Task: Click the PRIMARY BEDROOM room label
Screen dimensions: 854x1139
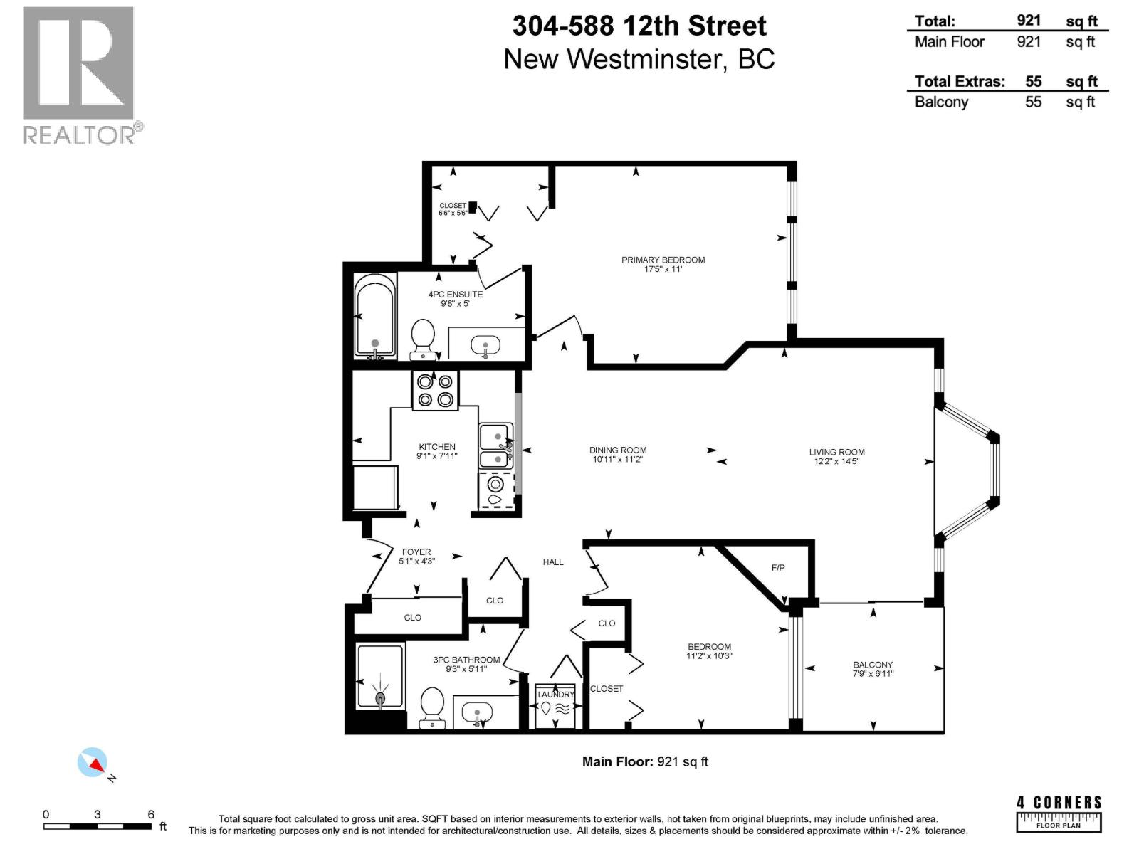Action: coord(663,260)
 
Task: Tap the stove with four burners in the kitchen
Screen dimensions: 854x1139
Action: coord(435,391)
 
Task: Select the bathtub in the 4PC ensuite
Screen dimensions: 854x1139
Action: coord(374,315)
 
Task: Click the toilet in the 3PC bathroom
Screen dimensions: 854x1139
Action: coord(432,707)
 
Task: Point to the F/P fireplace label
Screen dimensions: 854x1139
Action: coord(778,568)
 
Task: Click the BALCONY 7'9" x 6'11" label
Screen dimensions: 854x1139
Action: coord(873,669)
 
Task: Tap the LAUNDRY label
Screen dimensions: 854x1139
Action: coord(555,695)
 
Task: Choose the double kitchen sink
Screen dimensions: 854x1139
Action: coord(495,446)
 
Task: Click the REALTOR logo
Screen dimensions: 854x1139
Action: coord(79,75)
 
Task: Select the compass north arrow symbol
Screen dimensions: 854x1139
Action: coord(93,763)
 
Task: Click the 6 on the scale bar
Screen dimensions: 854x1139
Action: coord(151,815)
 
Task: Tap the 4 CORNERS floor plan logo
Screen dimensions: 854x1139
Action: coord(1059,814)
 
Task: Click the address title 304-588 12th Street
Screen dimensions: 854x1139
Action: coord(639,26)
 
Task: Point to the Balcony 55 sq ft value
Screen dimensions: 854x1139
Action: coord(1033,102)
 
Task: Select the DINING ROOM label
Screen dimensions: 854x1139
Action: coord(618,450)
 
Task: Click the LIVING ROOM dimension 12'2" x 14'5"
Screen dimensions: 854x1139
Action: coord(837,461)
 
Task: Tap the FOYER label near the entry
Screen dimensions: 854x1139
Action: coord(416,552)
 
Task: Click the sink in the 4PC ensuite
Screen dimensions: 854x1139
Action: coord(486,347)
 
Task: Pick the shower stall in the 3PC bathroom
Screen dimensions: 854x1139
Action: coord(380,676)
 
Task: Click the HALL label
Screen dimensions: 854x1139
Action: coord(553,562)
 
